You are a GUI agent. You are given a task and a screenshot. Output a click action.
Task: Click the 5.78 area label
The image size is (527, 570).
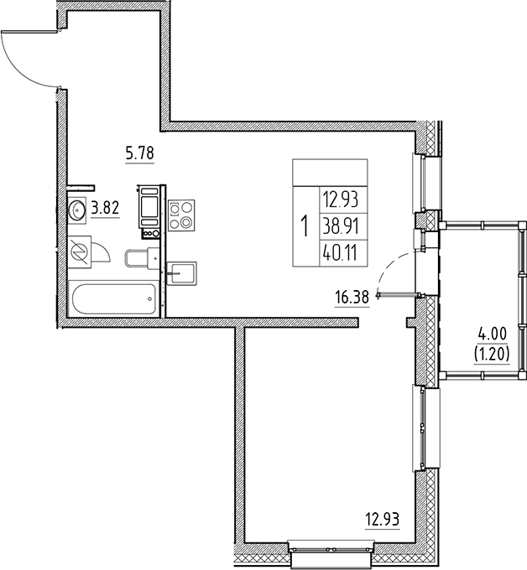coord(140,153)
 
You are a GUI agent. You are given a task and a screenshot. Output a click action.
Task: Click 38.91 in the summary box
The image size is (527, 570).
coord(340,226)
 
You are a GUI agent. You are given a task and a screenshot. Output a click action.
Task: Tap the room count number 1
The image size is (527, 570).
coord(303,226)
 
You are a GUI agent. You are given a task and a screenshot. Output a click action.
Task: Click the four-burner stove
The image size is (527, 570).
coord(181,215)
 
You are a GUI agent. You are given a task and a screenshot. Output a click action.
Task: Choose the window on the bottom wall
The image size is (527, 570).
coord(330,549)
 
